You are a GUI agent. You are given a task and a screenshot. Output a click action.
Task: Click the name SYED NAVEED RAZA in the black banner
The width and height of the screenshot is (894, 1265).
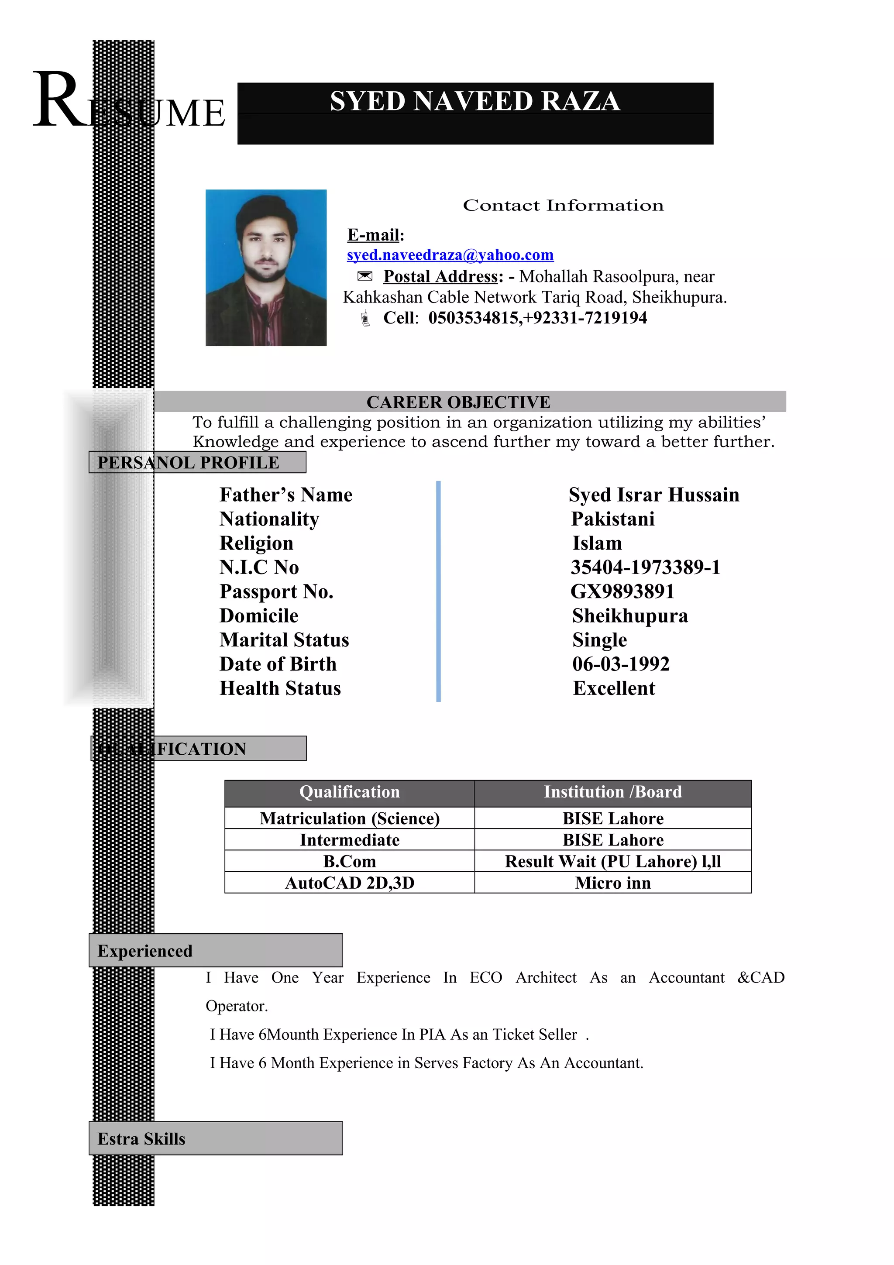pos(475,101)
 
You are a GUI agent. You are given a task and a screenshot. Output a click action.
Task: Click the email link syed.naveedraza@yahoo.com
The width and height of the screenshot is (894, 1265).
pos(450,254)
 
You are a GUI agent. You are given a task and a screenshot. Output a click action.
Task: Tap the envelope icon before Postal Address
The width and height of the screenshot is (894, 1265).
pos(364,276)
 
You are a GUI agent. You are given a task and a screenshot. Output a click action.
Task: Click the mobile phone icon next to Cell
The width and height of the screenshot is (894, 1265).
pos(364,319)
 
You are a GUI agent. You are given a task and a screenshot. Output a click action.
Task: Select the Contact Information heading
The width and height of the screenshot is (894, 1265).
pos(563,206)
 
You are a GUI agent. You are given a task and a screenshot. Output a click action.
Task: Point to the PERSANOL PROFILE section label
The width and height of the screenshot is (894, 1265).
pos(189,462)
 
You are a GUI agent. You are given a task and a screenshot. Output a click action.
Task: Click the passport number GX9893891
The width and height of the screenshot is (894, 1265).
pos(622,591)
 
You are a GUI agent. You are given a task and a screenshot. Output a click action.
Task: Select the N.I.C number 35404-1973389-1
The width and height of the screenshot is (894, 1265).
pos(645,567)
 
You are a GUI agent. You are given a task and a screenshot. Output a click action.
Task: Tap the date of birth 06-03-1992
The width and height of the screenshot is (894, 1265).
pos(620,664)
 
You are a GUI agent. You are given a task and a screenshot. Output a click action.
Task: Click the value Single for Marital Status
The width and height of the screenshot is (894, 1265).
pos(599,639)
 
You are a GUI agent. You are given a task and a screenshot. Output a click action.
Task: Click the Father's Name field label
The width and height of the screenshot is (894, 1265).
pos(286,495)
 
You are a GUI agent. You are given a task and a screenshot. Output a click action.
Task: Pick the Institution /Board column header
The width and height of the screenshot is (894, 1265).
pos(612,792)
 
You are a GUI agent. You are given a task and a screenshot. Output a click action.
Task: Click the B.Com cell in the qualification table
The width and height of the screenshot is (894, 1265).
pos(349,861)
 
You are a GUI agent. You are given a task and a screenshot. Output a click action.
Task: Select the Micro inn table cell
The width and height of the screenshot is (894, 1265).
pos(612,883)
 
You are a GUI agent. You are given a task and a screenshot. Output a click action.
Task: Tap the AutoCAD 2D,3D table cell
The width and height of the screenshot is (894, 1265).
pos(349,883)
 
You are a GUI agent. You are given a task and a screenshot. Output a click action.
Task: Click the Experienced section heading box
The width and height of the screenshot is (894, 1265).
pos(215,950)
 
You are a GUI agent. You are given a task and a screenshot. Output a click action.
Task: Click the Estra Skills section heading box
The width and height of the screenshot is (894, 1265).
pos(215,1138)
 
